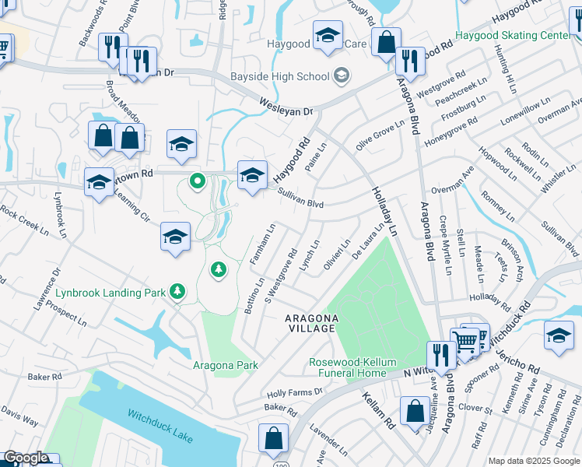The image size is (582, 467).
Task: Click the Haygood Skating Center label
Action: click(512, 36)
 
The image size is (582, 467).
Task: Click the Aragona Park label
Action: click(225, 365)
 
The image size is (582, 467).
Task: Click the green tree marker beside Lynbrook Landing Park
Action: click(179, 292)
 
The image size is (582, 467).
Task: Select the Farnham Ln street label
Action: click(264, 244)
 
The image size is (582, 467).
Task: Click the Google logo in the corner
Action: click(26, 458)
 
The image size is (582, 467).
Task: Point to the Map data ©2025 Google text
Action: click(534, 461)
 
